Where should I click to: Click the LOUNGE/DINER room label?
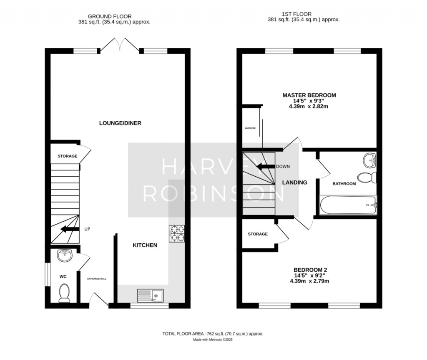pyautogui.click(x=120, y=123)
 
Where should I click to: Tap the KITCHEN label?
pyautogui.click(x=145, y=245)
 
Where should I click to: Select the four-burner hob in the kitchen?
pyautogui.click(x=177, y=233)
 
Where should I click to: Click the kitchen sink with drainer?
pyautogui.click(x=150, y=295)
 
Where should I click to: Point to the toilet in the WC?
pyautogui.click(x=64, y=293)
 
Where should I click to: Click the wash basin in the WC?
pyautogui.click(x=65, y=255)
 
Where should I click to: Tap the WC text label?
pyautogui.click(x=63, y=276)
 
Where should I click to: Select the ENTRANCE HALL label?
pyautogui.click(x=96, y=278)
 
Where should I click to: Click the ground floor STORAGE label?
pyautogui.click(x=67, y=156)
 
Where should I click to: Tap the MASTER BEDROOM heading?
pyautogui.click(x=309, y=95)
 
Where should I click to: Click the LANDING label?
pyautogui.click(x=294, y=182)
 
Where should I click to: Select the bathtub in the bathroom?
pyautogui.click(x=347, y=205)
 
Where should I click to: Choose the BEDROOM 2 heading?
pyautogui.click(x=309, y=270)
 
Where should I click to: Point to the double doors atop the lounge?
pyautogui.click(x=120, y=45)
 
